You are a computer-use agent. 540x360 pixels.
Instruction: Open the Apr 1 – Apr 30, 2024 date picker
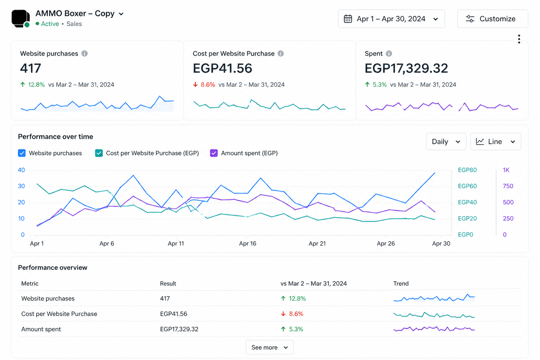coord(391,19)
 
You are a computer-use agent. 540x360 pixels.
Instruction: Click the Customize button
coord(493,19)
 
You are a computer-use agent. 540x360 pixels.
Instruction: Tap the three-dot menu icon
coord(519,39)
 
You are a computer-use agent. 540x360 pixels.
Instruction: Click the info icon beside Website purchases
coord(84,53)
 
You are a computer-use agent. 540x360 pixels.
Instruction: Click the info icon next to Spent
coord(389,53)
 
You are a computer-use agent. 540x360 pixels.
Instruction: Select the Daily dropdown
coord(446,142)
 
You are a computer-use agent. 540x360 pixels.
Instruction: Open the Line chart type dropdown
coord(496,142)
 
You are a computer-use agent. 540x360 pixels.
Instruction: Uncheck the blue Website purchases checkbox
coord(22,153)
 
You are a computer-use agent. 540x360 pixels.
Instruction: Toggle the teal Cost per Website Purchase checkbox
coord(99,153)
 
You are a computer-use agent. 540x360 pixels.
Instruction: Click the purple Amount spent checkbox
coord(214,153)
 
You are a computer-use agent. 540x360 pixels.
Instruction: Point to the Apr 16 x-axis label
coord(247,244)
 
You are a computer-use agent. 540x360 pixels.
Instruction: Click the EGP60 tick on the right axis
coord(467,186)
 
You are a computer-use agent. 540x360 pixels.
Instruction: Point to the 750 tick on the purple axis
coord(508,186)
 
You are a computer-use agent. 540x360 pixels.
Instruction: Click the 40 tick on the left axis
coord(21,170)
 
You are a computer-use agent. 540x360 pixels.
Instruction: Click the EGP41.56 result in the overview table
coord(174,314)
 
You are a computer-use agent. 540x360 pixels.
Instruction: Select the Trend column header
coord(401,284)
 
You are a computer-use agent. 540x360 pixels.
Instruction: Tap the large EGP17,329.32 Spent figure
coord(406,68)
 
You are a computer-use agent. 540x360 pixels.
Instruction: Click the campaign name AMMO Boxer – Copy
coord(75,13)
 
